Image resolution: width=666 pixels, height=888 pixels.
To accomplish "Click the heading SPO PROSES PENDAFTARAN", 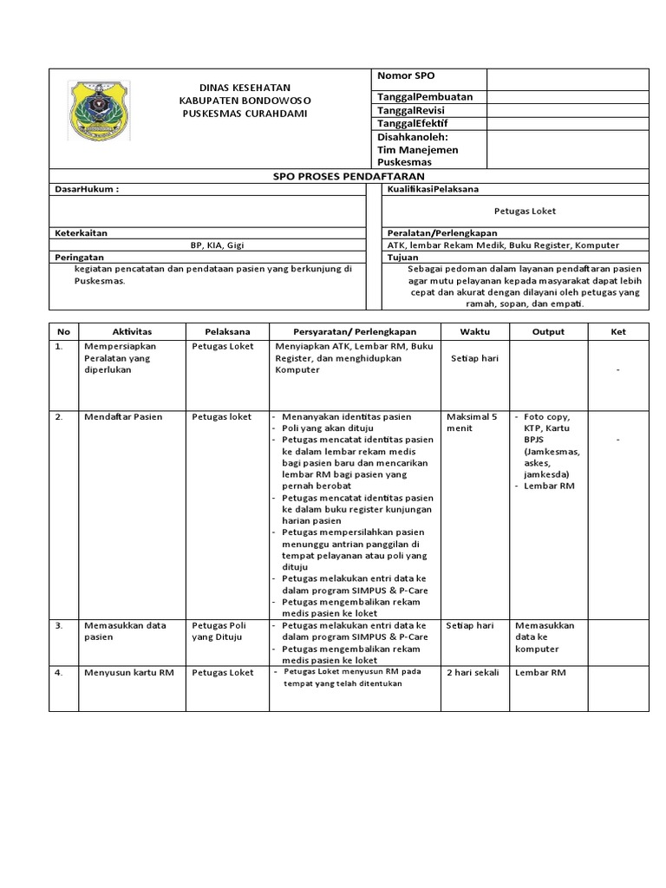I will pyautogui.click(x=337, y=175).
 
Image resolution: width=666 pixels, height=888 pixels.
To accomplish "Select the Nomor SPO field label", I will pyautogui.click(x=405, y=77).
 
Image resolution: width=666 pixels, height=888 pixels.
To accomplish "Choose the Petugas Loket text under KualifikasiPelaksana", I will pyautogui.click(x=525, y=211).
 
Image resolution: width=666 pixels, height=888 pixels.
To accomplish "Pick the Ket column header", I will pyautogui.click(x=618, y=331).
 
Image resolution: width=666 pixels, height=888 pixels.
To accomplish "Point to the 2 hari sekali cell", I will pyautogui.click(x=473, y=672).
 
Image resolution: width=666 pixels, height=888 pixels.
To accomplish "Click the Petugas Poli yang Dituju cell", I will pyautogui.click(x=219, y=630).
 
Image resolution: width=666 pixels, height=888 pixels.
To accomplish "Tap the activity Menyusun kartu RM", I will pyautogui.click(x=125, y=672).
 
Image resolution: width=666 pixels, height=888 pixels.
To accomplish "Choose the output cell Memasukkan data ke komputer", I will pyautogui.click(x=544, y=637).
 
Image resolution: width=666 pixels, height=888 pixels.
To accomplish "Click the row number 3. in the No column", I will pyautogui.click(x=60, y=624).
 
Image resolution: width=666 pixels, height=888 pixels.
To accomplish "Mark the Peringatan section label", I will pyautogui.click(x=80, y=258).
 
